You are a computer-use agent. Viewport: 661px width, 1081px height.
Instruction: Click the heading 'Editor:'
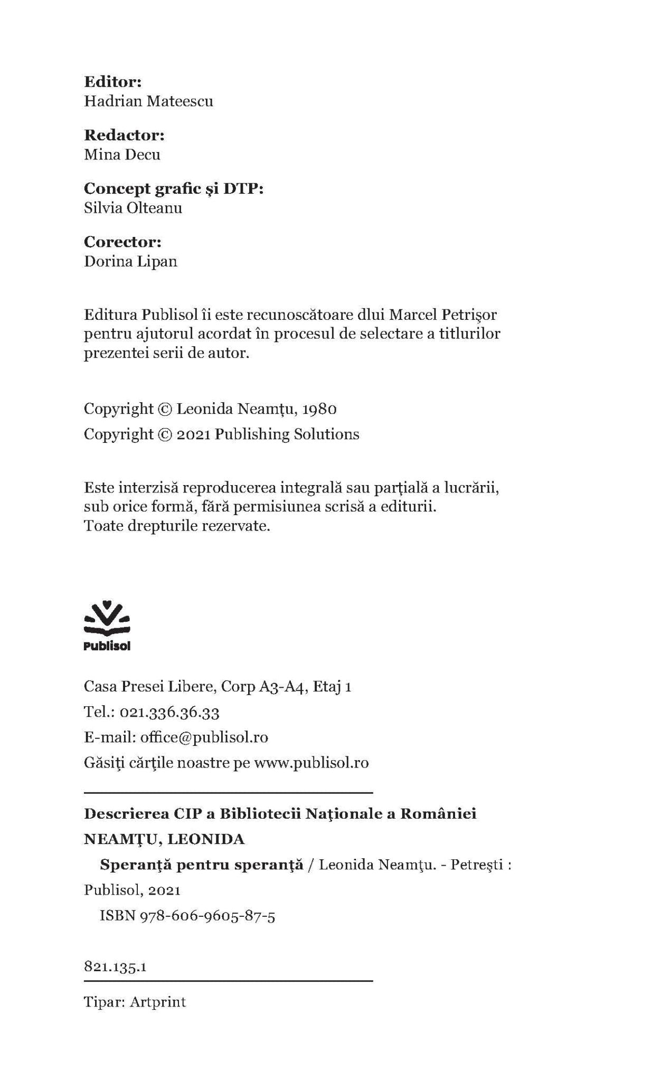click(x=113, y=82)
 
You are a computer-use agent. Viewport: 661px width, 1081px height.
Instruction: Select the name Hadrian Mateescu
click(x=148, y=101)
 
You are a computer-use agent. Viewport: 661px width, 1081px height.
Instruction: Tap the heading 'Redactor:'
click(x=125, y=135)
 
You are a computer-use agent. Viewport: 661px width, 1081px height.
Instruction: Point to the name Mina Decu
click(x=122, y=155)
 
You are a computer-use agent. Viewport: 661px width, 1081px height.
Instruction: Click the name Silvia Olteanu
click(x=133, y=208)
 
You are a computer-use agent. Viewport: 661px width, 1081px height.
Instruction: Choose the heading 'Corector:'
click(x=122, y=242)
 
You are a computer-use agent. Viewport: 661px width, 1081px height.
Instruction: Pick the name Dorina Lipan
click(x=130, y=261)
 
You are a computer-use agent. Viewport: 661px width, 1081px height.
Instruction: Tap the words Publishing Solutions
click(x=287, y=434)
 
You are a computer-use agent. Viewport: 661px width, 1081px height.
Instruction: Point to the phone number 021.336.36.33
click(x=169, y=713)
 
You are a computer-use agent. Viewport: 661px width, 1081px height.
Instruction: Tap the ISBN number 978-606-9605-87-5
click(x=207, y=916)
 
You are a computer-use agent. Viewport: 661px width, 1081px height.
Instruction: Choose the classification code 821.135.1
click(x=115, y=968)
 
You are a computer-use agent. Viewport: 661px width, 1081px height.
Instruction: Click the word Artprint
click(x=158, y=1002)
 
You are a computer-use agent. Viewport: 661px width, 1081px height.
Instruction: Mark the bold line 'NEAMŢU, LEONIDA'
click(x=164, y=839)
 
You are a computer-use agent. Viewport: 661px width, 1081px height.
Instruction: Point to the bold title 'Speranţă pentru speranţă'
click(x=202, y=865)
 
